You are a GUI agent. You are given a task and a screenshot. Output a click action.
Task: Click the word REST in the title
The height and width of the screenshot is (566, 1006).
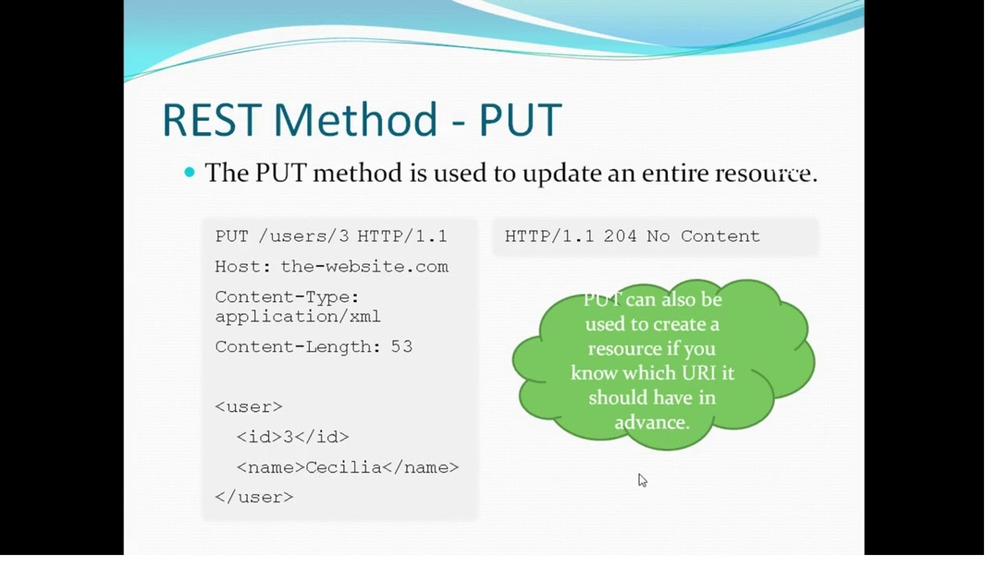pyautogui.click(x=211, y=120)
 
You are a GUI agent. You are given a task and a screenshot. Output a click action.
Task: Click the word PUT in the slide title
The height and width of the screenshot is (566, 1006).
pyautogui.click(x=520, y=120)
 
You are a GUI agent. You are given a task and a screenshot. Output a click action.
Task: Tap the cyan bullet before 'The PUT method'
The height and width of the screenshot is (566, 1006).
pyautogui.click(x=189, y=172)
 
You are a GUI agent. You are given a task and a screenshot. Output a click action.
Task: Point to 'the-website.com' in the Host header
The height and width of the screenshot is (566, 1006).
pyautogui.click(x=365, y=267)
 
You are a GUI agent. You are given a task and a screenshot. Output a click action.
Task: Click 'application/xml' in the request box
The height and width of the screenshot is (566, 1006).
pyautogui.click(x=298, y=317)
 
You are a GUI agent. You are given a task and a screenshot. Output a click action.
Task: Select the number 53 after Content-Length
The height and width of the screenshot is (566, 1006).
pyautogui.click(x=402, y=347)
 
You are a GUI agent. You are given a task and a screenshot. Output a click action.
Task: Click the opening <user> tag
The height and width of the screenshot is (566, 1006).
pyautogui.click(x=248, y=407)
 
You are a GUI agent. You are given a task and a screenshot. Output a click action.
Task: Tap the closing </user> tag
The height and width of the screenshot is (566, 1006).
pyautogui.click(x=254, y=498)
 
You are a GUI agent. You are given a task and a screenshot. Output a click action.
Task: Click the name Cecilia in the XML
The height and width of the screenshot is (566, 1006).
pyautogui.click(x=343, y=468)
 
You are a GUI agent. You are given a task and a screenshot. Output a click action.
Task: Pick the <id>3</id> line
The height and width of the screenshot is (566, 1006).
pyautogui.click(x=292, y=437)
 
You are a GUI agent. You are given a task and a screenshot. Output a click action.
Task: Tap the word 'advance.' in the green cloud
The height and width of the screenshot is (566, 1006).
pyautogui.click(x=652, y=422)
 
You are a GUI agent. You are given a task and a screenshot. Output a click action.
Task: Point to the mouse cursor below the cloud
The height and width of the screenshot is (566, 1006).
pyautogui.click(x=642, y=480)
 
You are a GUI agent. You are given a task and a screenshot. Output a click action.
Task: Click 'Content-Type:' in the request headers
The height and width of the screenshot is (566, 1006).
pyautogui.click(x=287, y=298)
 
